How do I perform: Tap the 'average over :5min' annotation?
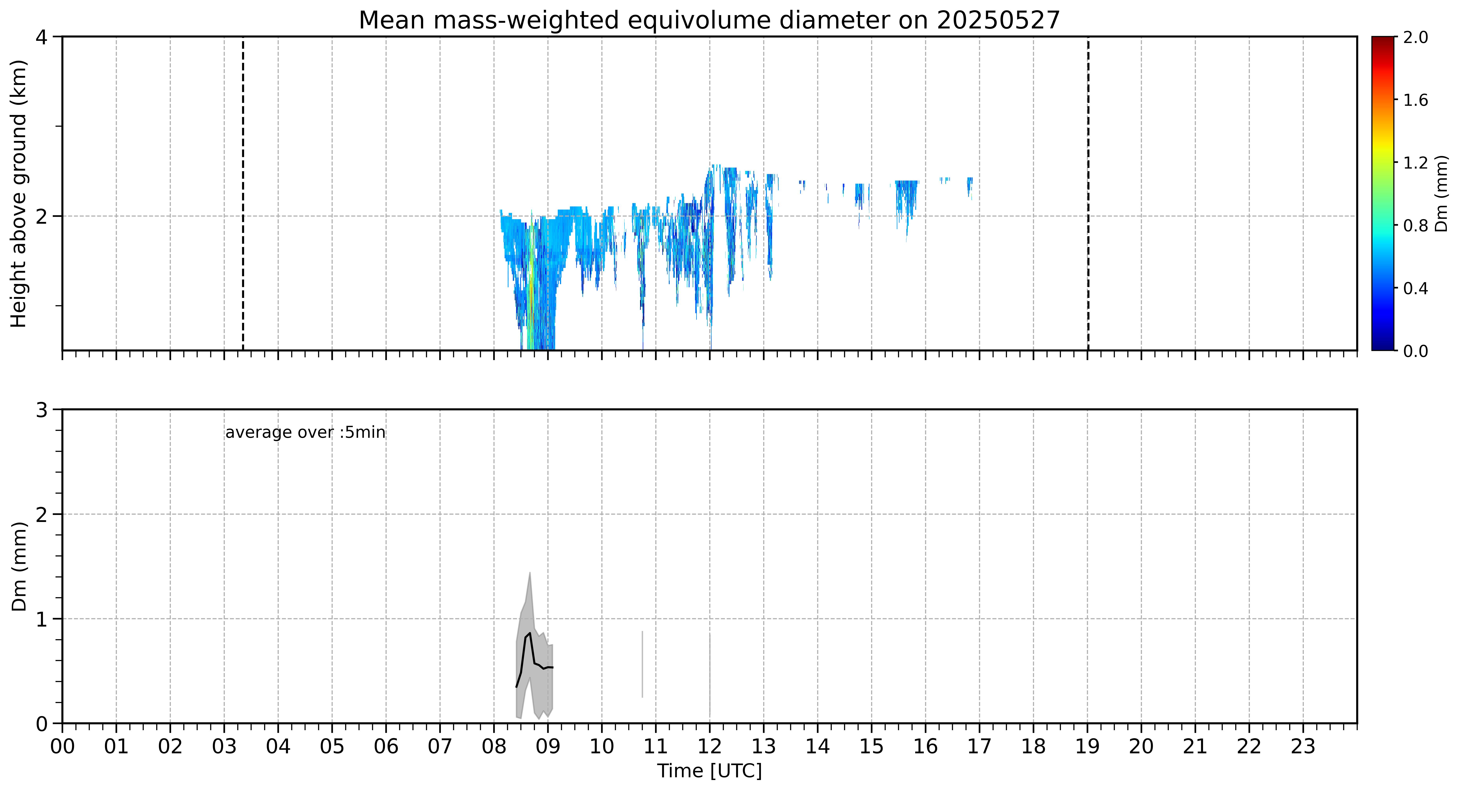pos(305,433)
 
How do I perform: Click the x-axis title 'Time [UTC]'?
pos(710,771)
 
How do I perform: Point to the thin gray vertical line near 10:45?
pos(642,664)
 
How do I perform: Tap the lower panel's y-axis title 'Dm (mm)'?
pos(19,567)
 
